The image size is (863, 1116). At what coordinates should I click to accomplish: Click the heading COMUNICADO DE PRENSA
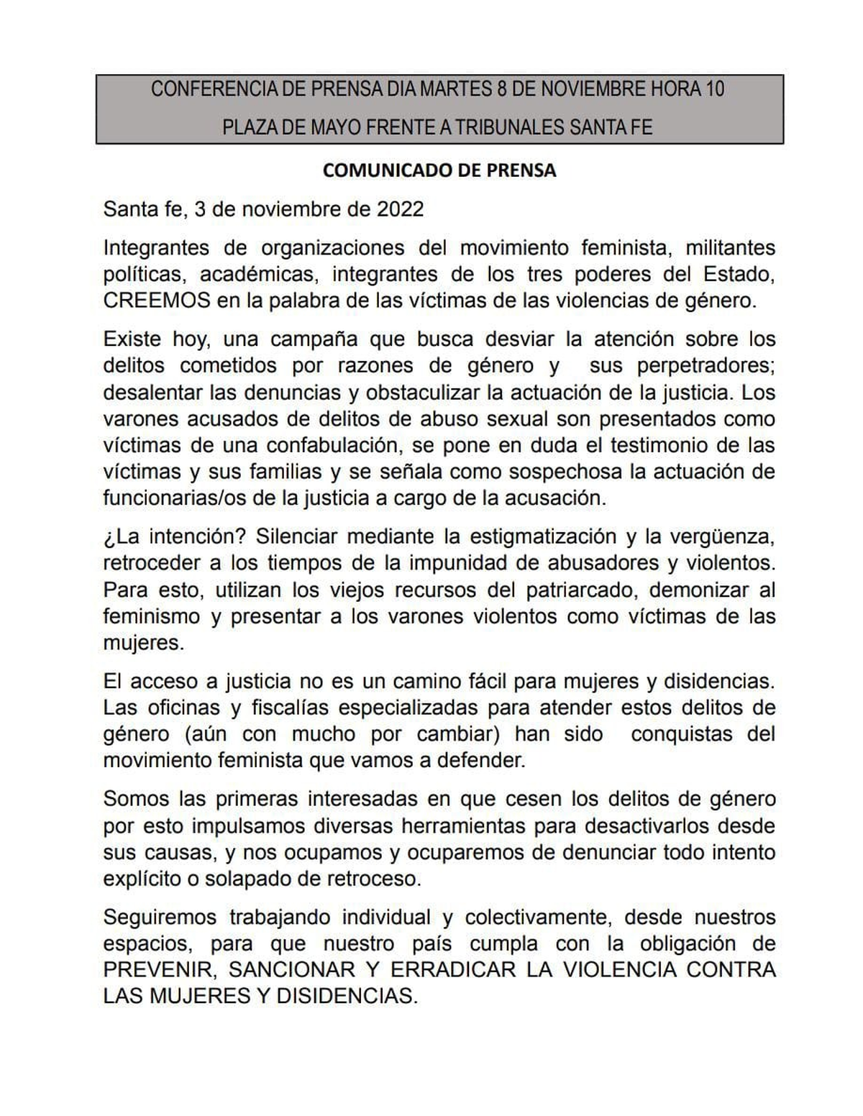pyautogui.click(x=439, y=170)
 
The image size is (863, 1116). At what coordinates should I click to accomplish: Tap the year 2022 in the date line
pyautogui.click(x=400, y=209)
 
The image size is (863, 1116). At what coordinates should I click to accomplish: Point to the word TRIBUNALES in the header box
pyautogui.click(x=510, y=128)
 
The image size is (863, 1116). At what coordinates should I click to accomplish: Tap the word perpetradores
pyautogui.click(x=706, y=365)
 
